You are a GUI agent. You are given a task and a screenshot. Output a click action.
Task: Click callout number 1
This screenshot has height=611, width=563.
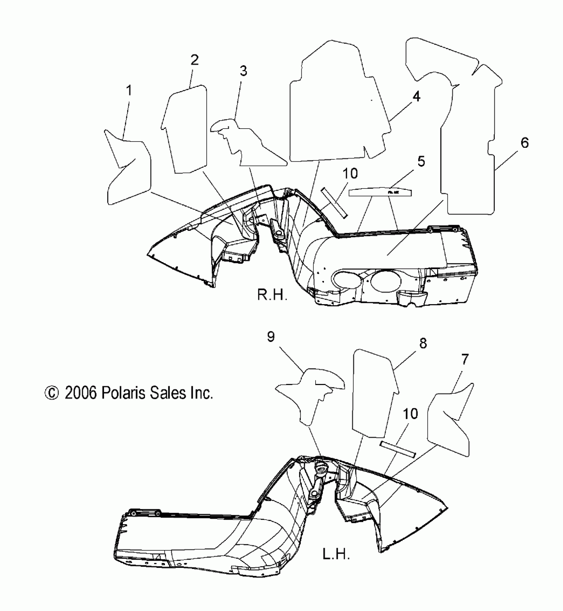pos(129,90)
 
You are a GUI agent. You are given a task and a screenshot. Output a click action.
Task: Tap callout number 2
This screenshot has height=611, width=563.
pos(194,60)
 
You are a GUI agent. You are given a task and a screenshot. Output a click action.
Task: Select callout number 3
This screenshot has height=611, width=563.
pos(243,71)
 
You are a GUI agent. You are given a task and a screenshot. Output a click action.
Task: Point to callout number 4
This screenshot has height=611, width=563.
pos(416,96)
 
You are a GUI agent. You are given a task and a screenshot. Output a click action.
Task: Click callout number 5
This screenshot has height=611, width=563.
pos(421,161)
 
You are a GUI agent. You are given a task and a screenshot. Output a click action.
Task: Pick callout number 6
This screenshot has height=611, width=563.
pos(525,143)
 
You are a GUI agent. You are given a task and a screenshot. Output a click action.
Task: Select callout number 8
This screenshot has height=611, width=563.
pos(423,343)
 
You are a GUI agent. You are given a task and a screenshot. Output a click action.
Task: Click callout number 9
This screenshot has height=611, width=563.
pos(271,337)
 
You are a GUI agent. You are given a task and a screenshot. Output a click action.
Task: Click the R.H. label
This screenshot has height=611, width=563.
pos(272,295)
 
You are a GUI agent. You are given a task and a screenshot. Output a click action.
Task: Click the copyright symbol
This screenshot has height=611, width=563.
pos(52,393)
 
